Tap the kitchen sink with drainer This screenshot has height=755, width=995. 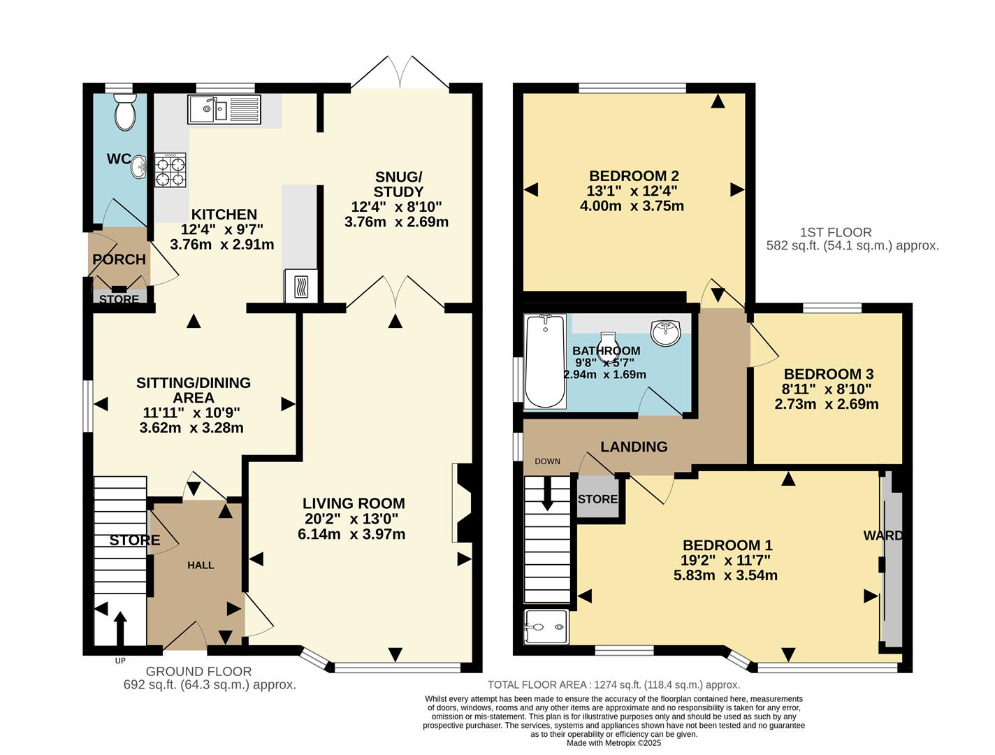tap(224, 110)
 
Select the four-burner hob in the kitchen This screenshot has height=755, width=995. tap(170, 170)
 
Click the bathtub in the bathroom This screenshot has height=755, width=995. tap(545, 361)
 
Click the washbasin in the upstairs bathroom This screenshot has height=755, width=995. tap(664, 332)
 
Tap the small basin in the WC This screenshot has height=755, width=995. tap(138, 166)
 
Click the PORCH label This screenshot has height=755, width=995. tap(119, 259)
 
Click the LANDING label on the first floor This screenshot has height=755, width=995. tap(634, 447)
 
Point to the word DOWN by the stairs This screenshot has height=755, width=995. tap(547, 461)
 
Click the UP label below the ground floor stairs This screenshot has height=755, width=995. tap(120, 661)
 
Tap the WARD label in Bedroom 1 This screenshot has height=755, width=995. tap(883, 536)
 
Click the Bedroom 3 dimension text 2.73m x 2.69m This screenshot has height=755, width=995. tap(827, 404)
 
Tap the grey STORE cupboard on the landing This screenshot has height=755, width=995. tap(597, 498)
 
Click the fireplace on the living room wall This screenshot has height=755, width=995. tap(462, 503)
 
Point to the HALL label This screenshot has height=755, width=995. tap(201, 565)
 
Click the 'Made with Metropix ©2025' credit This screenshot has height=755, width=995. tap(613, 743)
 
